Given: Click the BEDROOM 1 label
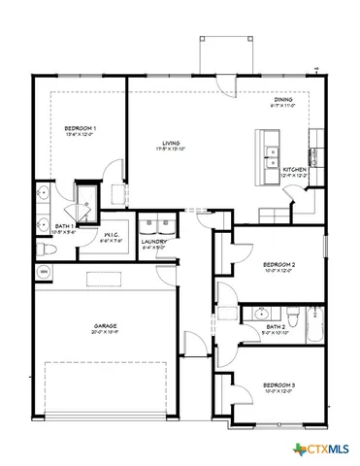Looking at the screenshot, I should coord(80,128).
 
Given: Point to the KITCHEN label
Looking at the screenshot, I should coord(295,169).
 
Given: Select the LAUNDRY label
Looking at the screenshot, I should coord(154,242).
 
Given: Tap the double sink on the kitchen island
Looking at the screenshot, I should coord(269,150).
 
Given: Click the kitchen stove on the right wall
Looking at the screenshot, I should coord(315,156).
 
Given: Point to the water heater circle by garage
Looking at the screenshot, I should coord(44,272).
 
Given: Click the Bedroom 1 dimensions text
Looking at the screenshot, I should coord(80,135).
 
